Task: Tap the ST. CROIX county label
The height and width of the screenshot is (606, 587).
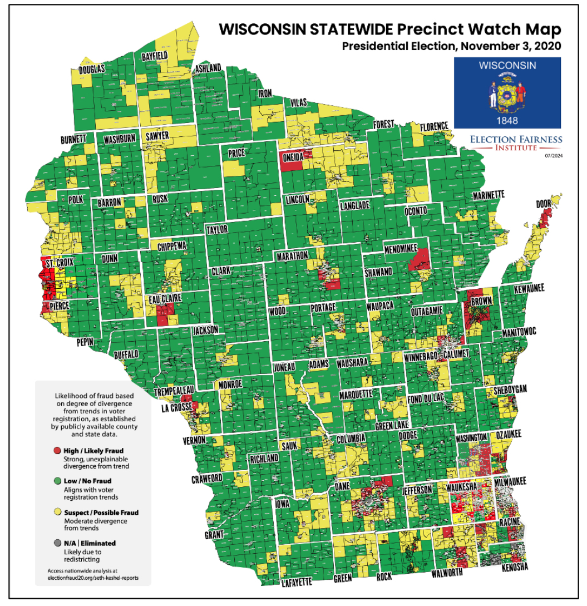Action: coord(58,262)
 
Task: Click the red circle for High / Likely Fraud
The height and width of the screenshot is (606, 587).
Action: coord(57,450)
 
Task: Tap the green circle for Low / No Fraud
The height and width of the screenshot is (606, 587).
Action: coord(57,481)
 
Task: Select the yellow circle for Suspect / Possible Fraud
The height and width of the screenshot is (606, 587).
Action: coord(57,512)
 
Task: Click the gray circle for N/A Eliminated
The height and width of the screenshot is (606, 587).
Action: coord(57,543)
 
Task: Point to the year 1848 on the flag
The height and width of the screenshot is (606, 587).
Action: coord(507,120)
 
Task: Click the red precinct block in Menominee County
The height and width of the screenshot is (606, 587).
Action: coord(421,259)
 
